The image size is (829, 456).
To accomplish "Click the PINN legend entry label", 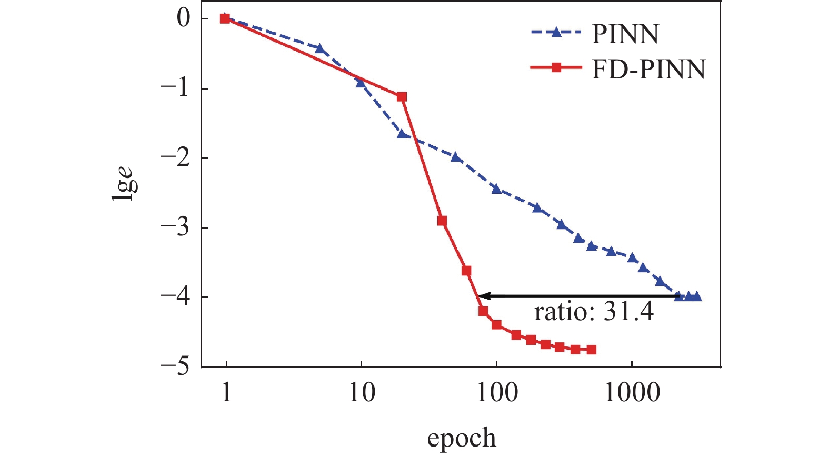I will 625,34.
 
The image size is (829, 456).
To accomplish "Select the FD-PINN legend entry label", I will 648,69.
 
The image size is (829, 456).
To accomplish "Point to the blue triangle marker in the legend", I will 556,32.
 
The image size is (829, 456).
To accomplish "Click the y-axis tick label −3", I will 176,227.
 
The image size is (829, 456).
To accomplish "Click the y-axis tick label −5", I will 176,366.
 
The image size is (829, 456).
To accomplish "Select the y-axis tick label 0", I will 183,18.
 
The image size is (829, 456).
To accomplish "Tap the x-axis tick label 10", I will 362,393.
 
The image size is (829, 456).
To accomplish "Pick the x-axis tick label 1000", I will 632,393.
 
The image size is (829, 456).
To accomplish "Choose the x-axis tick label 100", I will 496,393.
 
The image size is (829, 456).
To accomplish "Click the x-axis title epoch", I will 461,438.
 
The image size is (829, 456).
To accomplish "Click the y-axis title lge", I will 124,184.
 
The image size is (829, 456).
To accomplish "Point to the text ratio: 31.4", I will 594,312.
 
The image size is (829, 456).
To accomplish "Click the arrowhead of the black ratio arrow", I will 482,296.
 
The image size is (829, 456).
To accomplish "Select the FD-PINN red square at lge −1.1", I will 402,96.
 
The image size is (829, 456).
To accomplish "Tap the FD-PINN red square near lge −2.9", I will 442,221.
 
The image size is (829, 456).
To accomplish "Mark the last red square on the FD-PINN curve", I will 591,350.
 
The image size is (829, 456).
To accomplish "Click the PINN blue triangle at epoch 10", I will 361,83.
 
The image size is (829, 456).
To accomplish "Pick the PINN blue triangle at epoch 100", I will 496,189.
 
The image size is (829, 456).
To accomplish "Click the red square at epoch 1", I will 225,18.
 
